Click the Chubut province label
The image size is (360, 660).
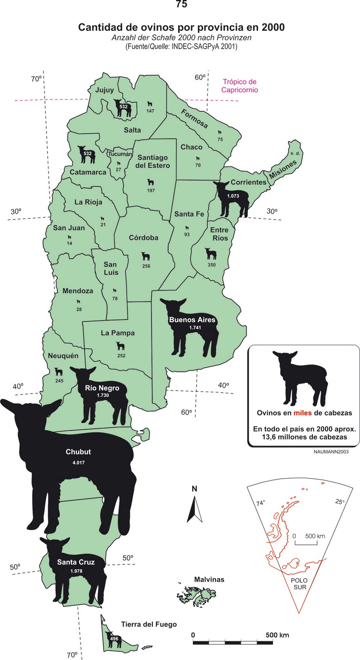click(78, 452)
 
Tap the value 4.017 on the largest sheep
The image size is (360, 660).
click(78, 462)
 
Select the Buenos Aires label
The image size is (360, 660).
click(192, 320)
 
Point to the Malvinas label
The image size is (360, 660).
click(209, 580)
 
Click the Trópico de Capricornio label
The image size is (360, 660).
click(240, 86)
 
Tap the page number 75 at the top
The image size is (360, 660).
click(181, 4)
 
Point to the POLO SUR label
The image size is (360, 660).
click(299, 584)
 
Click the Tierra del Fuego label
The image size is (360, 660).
click(149, 625)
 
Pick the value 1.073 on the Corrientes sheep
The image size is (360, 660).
click(233, 196)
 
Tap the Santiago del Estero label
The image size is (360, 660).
click(153, 161)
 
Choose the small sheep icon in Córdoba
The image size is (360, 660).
click(146, 256)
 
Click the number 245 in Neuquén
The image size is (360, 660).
click(59, 381)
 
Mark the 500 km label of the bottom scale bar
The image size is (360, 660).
click(277, 635)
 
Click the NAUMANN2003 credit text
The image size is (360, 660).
click(331, 452)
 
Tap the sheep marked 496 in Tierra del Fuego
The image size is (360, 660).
click(113, 639)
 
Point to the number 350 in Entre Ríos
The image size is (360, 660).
click(212, 265)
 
